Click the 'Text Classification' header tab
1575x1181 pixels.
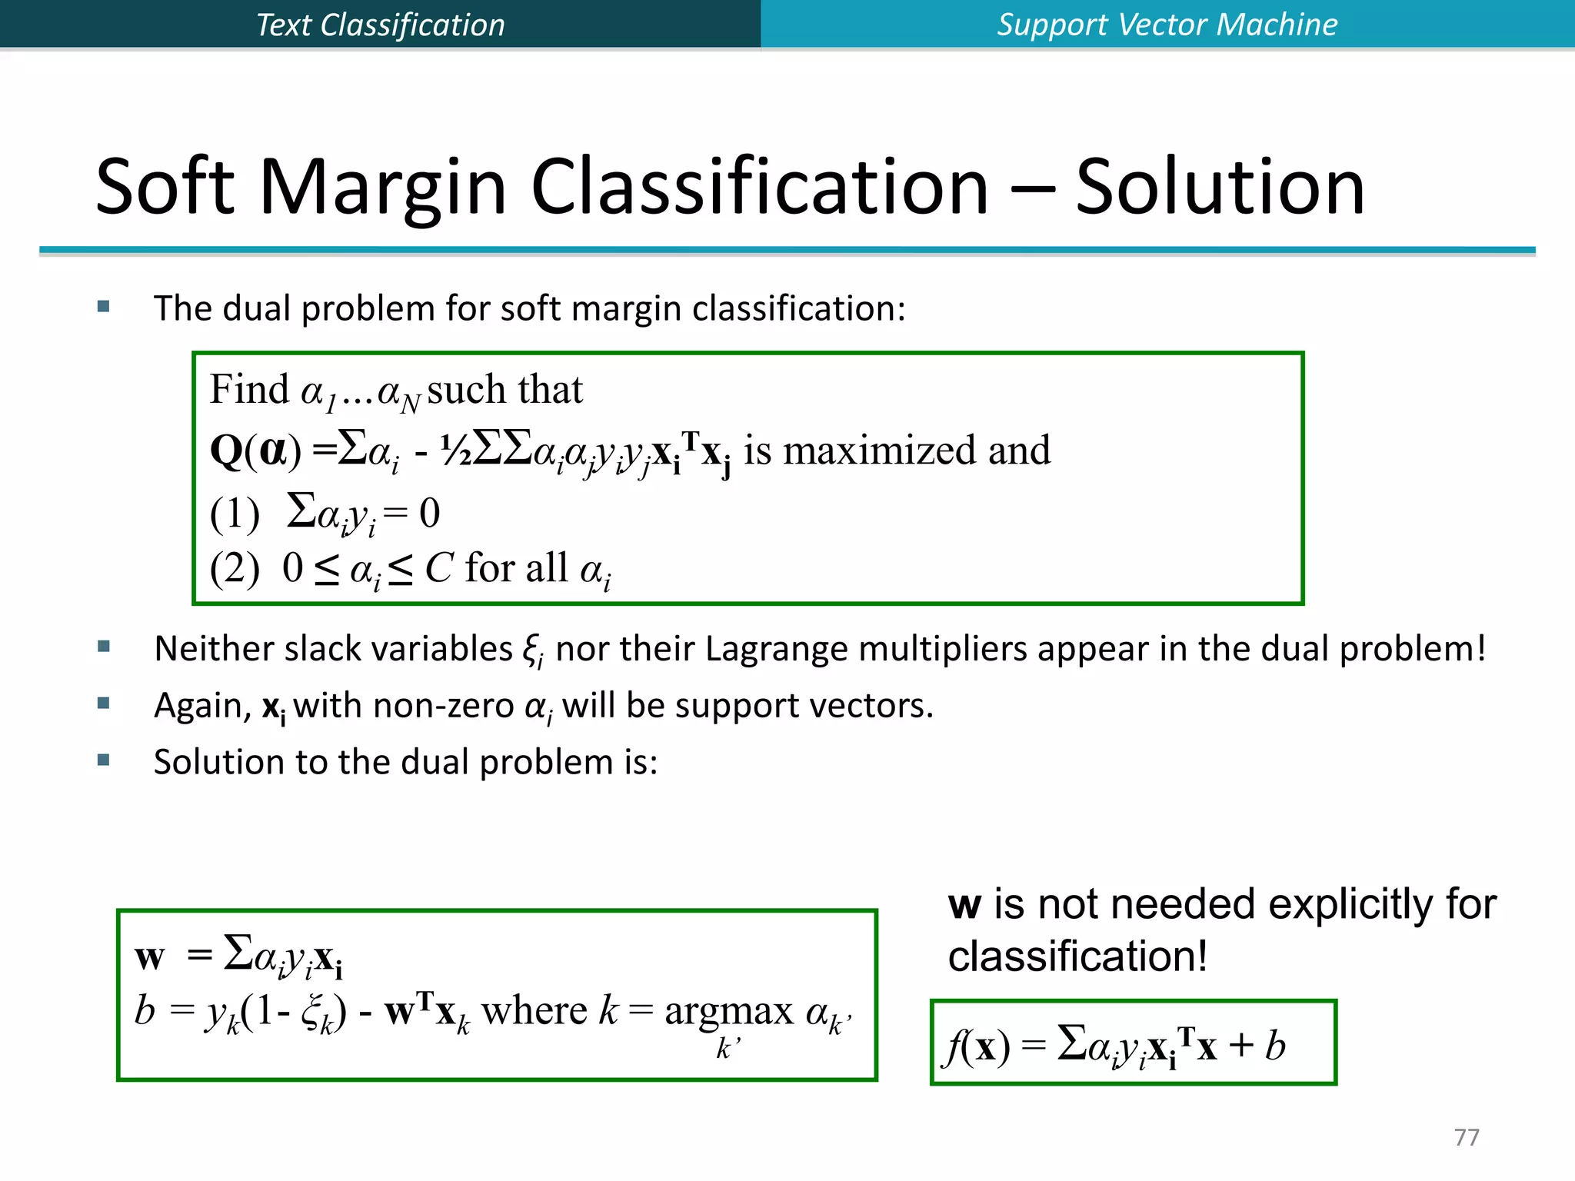click(x=380, y=25)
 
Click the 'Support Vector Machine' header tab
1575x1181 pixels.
click(x=1167, y=25)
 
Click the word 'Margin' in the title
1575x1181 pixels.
click(x=383, y=187)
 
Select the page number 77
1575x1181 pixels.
click(x=1467, y=1136)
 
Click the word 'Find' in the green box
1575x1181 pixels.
click(x=249, y=389)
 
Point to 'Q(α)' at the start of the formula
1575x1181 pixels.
click(x=255, y=451)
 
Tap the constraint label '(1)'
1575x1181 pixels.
click(x=235, y=514)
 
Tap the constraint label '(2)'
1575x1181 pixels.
click(x=235, y=569)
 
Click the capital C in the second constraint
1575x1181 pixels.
click(x=438, y=569)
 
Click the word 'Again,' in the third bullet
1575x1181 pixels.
click(x=202, y=705)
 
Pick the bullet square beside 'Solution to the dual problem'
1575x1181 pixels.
click(x=104, y=760)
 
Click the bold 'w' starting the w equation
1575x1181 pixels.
click(x=149, y=957)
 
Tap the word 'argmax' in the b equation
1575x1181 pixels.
click(x=728, y=1012)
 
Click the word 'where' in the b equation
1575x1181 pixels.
click(x=534, y=1012)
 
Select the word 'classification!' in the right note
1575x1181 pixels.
click(x=1077, y=956)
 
